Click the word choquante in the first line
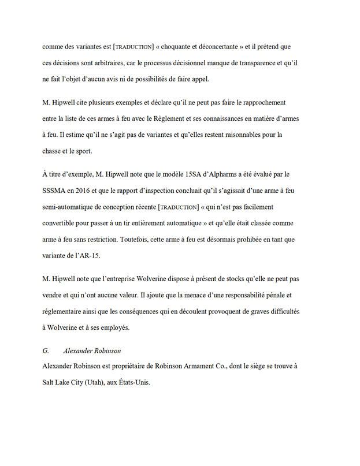(x=181, y=46)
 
